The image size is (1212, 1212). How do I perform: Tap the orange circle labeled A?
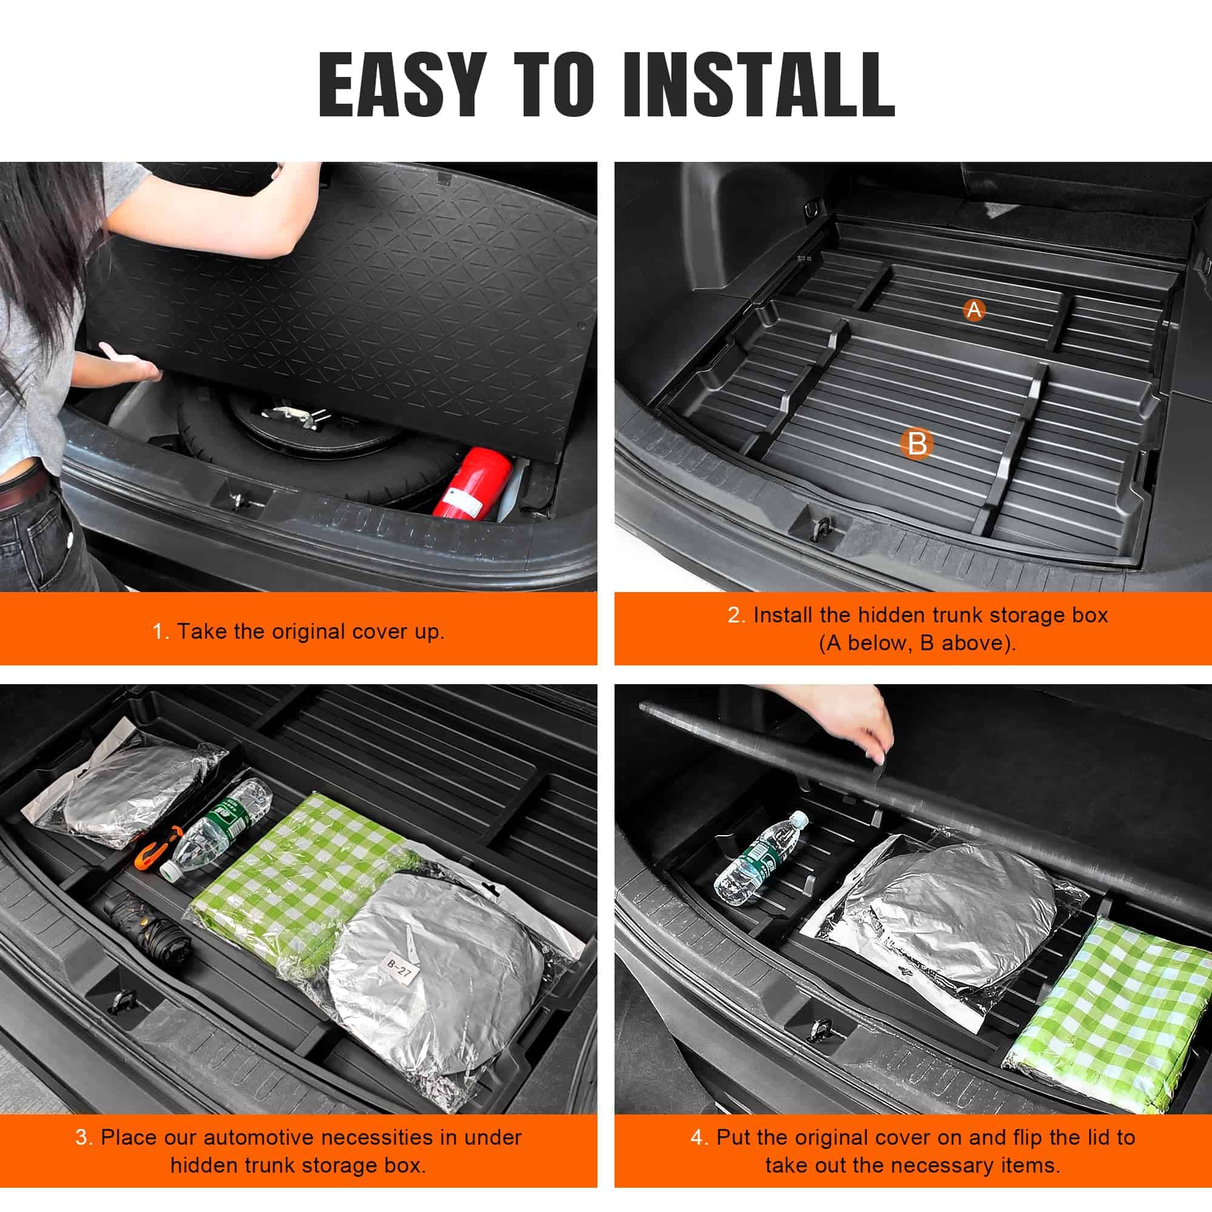tap(974, 309)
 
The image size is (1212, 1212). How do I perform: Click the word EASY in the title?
tap(403, 84)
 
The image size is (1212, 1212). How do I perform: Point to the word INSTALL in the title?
tap(759, 84)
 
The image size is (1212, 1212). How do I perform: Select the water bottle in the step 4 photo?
tap(761, 857)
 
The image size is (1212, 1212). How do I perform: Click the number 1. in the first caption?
tap(161, 631)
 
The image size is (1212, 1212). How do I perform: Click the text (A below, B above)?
tap(917, 643)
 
